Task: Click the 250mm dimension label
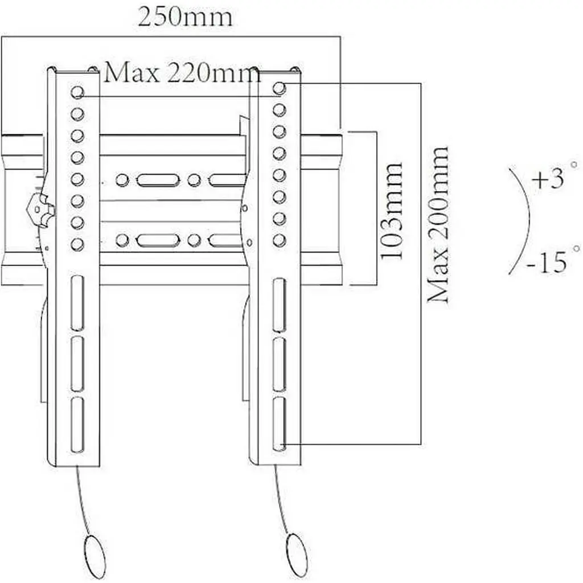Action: click(x=185, y=17)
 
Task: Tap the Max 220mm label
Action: click(x=182, y=72)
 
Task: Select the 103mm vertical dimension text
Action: click(x=391, y=211)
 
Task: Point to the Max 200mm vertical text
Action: click(x=438, y=224)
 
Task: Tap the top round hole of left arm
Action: click(x=77, y=92)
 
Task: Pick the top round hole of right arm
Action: click(x=279, y=88)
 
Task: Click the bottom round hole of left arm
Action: click(x=77, y=244)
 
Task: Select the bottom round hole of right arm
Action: click(x=279, y=241)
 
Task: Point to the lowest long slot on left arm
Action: click(x=77, y=425)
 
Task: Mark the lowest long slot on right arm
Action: click(x=279, y=424)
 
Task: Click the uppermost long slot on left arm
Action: click(x=77, y=303)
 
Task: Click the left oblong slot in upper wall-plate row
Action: click(x=158, y=180)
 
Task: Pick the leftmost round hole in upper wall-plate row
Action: click(x=122, y=180)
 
